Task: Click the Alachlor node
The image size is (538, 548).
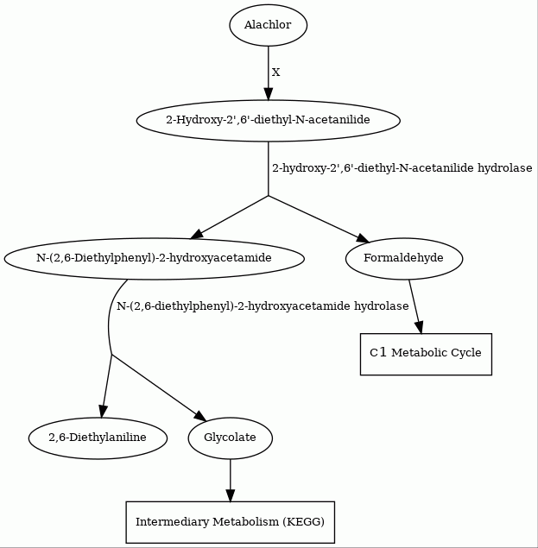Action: (269, 25)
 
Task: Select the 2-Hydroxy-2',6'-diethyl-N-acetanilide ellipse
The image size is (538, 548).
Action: (269, 121)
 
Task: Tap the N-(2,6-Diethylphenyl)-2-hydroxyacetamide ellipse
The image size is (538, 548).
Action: (155, 259)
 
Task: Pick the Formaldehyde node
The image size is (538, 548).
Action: (404, 259)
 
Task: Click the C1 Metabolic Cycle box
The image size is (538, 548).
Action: (426, 354)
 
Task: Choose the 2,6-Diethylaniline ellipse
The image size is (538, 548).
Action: (98, 438)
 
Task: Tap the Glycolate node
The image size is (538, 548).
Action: (231, 438)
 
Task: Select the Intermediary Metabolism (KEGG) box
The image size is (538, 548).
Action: (231, 522)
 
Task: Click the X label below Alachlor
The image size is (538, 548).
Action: (276, 72)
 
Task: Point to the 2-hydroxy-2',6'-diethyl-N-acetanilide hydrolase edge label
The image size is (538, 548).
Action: (402, 168)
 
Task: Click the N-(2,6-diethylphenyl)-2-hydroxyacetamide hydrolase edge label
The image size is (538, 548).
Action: (263, 306)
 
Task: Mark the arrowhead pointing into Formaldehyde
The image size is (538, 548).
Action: (363, 238)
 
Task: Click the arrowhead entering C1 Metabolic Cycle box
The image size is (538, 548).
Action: (420, 327)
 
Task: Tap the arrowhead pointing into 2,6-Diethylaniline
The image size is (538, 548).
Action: (103, 412)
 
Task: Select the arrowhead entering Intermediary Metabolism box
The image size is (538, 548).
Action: (231, 495)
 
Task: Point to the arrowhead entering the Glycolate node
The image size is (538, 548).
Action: (200, 416)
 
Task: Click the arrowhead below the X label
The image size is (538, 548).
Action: (269, 94)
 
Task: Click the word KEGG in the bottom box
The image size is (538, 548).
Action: (306, 522)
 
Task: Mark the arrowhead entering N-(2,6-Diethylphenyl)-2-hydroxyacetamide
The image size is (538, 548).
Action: (197, 235)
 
